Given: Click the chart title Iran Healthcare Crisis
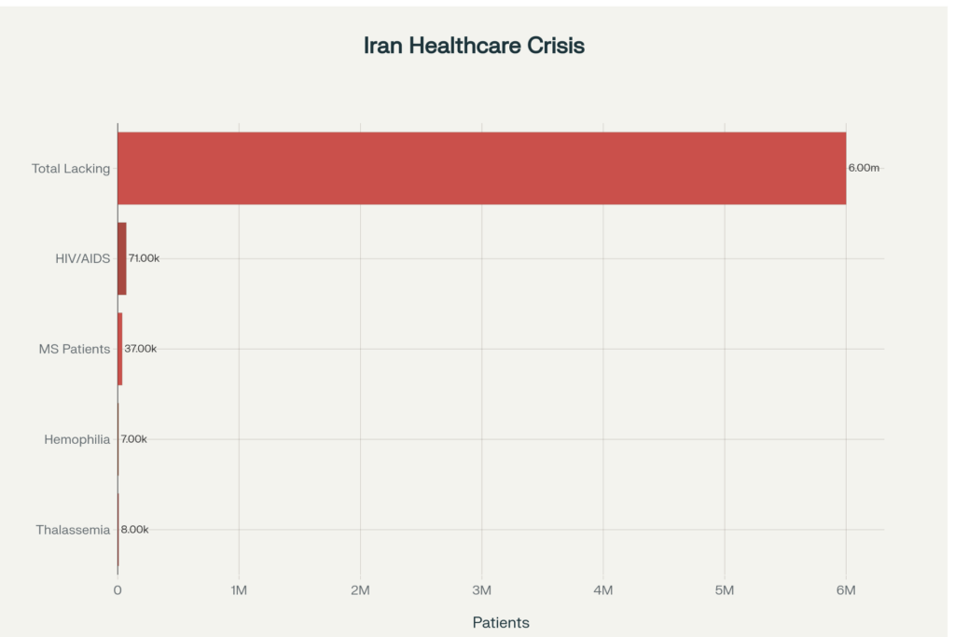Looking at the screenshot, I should (x=474, y=46).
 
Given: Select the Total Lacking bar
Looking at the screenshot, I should (x=481, y=168).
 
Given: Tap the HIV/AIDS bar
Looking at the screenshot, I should (x=121, y=258).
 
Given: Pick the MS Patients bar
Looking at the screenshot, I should (x=119, y=349).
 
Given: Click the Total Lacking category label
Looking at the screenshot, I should (x=71, y=169).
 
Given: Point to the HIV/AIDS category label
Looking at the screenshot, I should (x=82, y=258).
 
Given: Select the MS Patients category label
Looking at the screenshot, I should (x=74, y=349).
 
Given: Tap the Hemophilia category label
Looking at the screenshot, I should (x=76, y=439).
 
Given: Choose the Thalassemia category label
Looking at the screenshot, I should (x=73, y=530).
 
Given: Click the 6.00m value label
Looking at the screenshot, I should (x=864, y=168).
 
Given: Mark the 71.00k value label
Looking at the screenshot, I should (x=144, y=258).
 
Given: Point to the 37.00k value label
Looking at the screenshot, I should (x=141, y=349).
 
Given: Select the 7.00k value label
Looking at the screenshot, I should (x=134, y=439).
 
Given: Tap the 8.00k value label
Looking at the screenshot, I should (x=135, y=530).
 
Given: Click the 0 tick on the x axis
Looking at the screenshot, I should (x=118, y=590).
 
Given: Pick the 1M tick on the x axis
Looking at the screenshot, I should (x=239, y=590).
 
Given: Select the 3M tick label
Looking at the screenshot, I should (x=482, y=590).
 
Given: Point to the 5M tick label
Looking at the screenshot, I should (x=725, y=590).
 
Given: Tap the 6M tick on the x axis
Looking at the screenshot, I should (x=846, y=590).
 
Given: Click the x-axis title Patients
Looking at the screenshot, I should (x=501, y=622).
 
